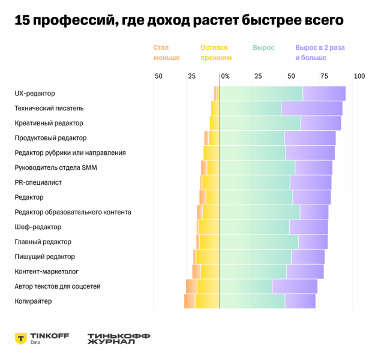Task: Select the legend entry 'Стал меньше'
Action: [166, 53]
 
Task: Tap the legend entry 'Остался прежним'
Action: [215, 53]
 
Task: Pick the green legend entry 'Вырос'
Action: [263, 47]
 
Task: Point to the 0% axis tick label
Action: [225, 76]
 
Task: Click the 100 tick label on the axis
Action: [359, 76]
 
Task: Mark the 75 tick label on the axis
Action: [325, 76]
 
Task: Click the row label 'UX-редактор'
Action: [35, 94]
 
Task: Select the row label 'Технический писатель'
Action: [49, 108]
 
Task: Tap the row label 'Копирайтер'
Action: [33, 301]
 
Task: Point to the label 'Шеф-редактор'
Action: [38, 227]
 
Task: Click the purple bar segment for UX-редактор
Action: [324, 94]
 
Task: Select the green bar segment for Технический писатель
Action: [250, 108]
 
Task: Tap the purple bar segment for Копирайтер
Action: [300, 301]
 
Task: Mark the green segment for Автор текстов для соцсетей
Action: [246, 286]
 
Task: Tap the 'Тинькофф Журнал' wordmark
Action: [118, 338]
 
